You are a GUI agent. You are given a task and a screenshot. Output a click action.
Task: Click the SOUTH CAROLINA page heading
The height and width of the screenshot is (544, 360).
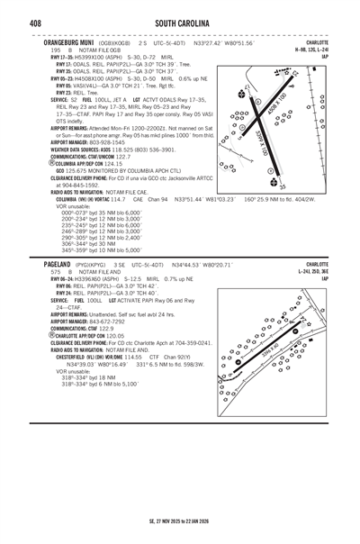[182, 22]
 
